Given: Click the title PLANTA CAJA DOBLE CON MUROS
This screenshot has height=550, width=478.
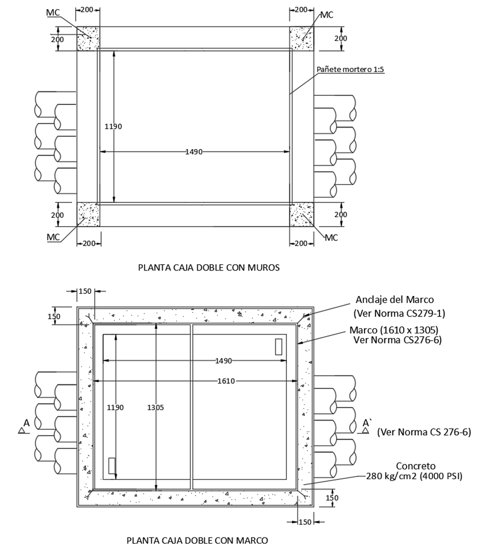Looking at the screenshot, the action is pos(209,268).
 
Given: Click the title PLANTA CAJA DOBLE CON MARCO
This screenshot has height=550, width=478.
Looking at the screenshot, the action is pos(197,540).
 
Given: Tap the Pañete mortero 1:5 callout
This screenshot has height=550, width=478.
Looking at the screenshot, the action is pos(350,69).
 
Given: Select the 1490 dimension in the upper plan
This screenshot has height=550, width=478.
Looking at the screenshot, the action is pos(194,152).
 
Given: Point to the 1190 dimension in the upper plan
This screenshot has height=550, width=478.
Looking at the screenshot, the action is pos(113,126).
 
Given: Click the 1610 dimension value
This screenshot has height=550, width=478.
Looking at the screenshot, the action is pos(226,381).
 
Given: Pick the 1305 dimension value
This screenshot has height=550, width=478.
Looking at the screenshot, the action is pos(155,408).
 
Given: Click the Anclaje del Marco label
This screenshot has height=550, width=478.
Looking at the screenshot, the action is pos(395,300).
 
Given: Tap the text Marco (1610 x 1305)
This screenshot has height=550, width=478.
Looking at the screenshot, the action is pos(394,330).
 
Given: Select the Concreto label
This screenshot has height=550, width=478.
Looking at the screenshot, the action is pos(416,466).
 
